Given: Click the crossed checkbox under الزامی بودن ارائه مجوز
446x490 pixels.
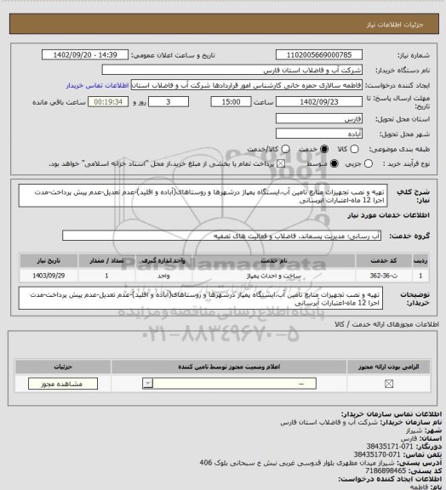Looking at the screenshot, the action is pyautogui.click(x=390, y=384).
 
